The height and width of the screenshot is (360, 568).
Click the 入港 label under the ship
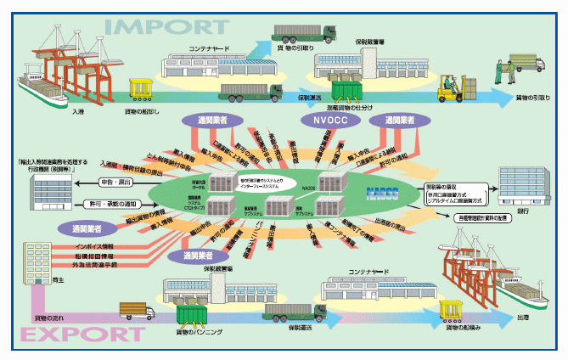(x=78, y=111)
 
